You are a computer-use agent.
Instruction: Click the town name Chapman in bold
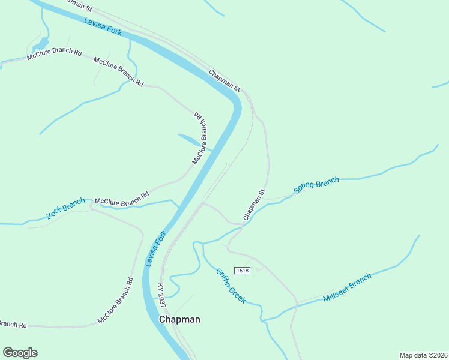point(179,320)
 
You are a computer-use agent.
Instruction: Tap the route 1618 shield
point(243,271)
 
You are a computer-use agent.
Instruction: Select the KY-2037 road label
point(161,296)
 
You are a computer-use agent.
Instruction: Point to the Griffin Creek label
point(231,285)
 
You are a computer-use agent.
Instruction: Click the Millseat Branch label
point(347,288)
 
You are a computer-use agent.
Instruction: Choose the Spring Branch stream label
point(316,185)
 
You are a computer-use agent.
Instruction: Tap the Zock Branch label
point(66,209)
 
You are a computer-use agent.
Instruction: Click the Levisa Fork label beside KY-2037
point(155,249)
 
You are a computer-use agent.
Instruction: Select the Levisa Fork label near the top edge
point(103,27)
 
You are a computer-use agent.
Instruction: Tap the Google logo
point(20,353)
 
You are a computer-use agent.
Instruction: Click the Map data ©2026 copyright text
point(423,355)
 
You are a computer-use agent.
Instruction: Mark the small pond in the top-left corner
point(40,44)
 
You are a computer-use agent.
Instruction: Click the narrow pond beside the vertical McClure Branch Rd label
point(188,140)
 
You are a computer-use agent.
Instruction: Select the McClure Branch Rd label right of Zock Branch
point(122,199)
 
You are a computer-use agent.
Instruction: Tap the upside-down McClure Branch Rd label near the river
point(200,138)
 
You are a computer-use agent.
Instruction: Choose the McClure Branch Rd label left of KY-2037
point(115,301)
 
